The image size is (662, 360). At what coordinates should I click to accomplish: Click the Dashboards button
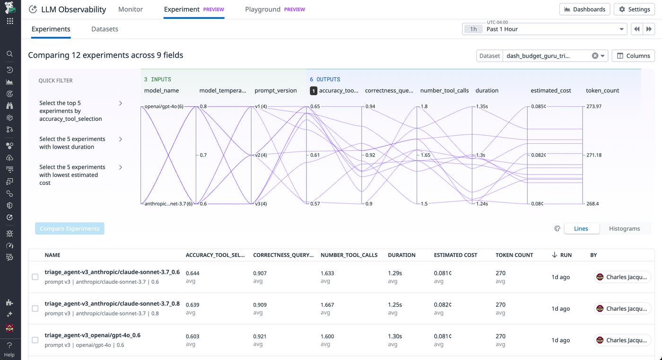coord(584,9)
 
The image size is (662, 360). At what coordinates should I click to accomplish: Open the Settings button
coord(634,9)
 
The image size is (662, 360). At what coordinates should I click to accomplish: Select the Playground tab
coord(262,9)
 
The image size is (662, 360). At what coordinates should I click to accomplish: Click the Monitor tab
coord(131,9)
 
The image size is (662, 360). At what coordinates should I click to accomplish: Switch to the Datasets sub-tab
coord(105,29)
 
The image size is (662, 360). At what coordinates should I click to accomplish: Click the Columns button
coord(633,55)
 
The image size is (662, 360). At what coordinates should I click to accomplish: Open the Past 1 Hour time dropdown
coord(544,29)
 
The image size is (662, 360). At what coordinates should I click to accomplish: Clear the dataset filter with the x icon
coord(595,55)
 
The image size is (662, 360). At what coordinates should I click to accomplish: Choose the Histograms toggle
coord(624,228)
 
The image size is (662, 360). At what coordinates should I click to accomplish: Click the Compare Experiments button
coord(70,228)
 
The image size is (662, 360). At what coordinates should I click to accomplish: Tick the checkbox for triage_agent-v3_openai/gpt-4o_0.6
coord(35,340)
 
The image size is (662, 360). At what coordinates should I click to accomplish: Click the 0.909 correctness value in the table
coord(260,305)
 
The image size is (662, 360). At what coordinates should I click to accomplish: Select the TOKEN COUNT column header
coord(514,255)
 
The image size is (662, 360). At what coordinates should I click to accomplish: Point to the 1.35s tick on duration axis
coord(482,106)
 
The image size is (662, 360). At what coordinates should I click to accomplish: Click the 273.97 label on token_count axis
coord(593,106)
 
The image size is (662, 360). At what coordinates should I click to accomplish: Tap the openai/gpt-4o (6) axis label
coord(164,106)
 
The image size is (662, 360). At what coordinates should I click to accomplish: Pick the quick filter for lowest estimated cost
coord(80,175)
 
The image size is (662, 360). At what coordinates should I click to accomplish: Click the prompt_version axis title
coord(276,90)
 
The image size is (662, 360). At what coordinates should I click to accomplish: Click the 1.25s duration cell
coord(395,305)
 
